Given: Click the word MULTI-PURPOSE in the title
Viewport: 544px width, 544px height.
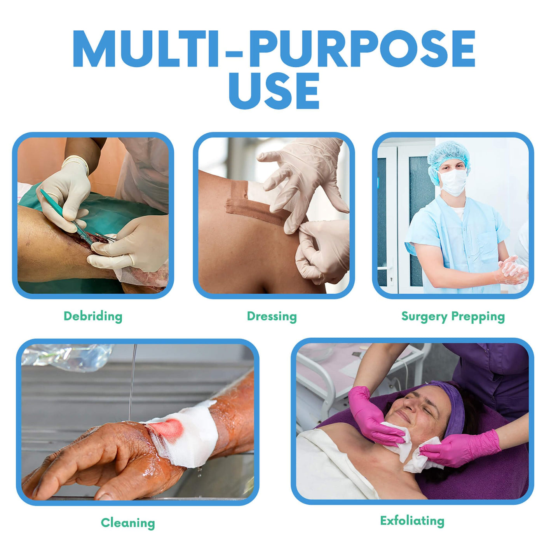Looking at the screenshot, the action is pyautogui.click(x=274, y=48).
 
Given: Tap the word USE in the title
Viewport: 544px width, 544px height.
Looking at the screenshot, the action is pyautogui.click(x=274, y=91).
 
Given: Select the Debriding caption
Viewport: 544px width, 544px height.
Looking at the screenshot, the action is pyautogui.click(x=93, y=316).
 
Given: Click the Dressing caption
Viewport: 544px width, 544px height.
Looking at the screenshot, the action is pyautogui.click(x=272, y=316).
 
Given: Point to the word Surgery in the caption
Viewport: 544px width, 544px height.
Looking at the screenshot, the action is pyautogui.click(x=424, y=317).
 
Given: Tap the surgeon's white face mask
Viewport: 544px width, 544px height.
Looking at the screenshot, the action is pyautogui.click(x=453, y=182).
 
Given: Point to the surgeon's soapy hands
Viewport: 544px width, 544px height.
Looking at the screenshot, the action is pyautogui.click(x=513, y=270).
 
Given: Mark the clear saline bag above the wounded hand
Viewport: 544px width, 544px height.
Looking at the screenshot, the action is pyautogui.click(x=67, y=357).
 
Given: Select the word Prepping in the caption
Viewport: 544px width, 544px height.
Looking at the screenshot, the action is pyautogui.click(x=478, y=317).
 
